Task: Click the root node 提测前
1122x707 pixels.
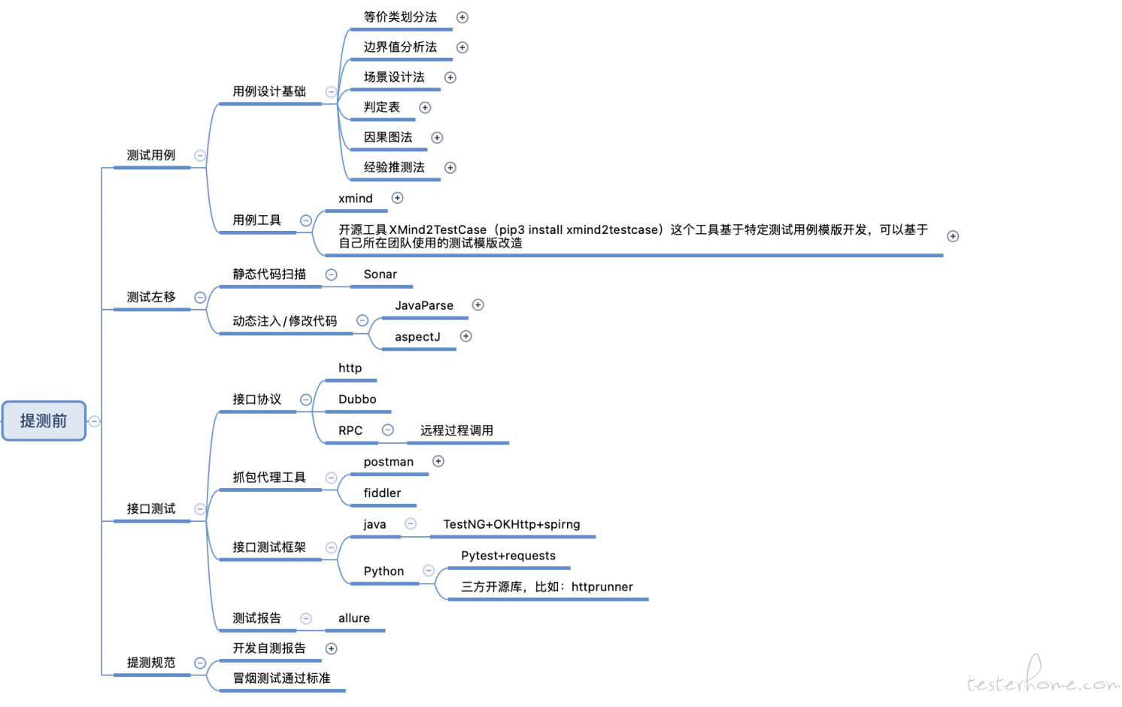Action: (x=44, y=421)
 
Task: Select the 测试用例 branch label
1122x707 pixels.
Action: (x=150, y=156)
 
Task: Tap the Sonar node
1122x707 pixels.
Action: (x=381, y=274)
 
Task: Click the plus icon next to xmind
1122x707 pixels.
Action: (x=397, y=198)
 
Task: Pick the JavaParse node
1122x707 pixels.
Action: (x=423, y=305)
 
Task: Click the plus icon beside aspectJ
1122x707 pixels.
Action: (x=465, y=336)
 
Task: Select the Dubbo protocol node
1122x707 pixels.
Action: (x=357, y=399)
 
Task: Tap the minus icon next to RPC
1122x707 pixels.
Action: (x=388, y=430)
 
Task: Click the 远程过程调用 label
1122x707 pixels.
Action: (x=456, y=430)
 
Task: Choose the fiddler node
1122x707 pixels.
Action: (x=382, y=493)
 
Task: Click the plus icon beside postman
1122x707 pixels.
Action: (x=438, y=461)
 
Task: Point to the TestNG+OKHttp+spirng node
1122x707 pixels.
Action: (x=511, y=525)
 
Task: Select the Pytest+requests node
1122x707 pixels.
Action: (x=508, y=556)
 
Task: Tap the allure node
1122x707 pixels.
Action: (x=353, y=618)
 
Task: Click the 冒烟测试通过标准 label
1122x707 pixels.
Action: (x=281, y=678)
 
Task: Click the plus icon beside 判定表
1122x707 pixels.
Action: (x=425, y=108)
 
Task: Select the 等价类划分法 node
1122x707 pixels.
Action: (x=400, y=17)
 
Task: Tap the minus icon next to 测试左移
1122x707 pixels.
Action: (x=200, y=298)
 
